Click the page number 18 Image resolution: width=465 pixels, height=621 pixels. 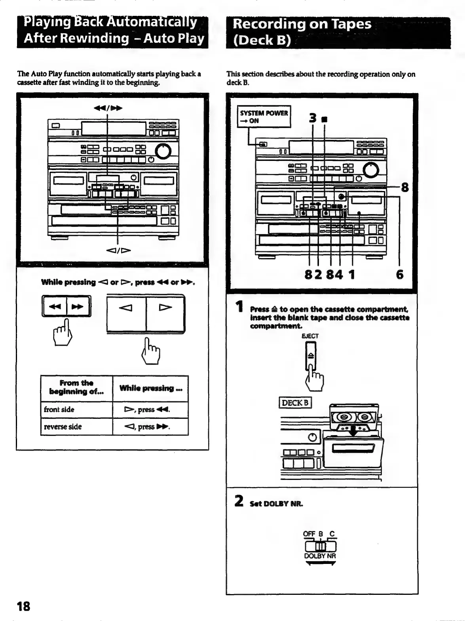pyautogui.click(x=23, y=606)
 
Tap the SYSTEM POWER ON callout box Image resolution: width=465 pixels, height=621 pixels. pyautogui.click(x=264, y=117)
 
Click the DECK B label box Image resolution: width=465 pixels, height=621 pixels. pyautogui.click(x=295, y=403)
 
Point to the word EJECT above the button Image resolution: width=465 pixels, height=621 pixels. pyautogui.click(x=310, y=336)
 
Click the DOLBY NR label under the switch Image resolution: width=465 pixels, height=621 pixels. pyautogui.click(x=320, y=556)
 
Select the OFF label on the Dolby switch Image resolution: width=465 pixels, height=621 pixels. pyautogui.click(x=309, y=534)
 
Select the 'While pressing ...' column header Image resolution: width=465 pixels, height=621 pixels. pyautogui.click(x=150, y=388)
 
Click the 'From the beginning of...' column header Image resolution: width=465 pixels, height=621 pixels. pyautogui.click(x=76, y=387)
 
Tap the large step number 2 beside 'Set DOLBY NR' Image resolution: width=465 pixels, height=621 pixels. pyautogui.click(x=239, y=501)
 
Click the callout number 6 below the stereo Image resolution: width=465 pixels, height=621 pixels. pyautogui.click(x=400, y=274)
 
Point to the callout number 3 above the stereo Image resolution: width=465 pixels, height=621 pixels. pyautogui.click(x=313, y=118)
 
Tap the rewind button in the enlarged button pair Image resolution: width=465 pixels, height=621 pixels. pyautogui.click(x=55, y=306)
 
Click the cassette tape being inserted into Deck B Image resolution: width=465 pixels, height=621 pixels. pyautogui.click(x=353, y=417)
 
